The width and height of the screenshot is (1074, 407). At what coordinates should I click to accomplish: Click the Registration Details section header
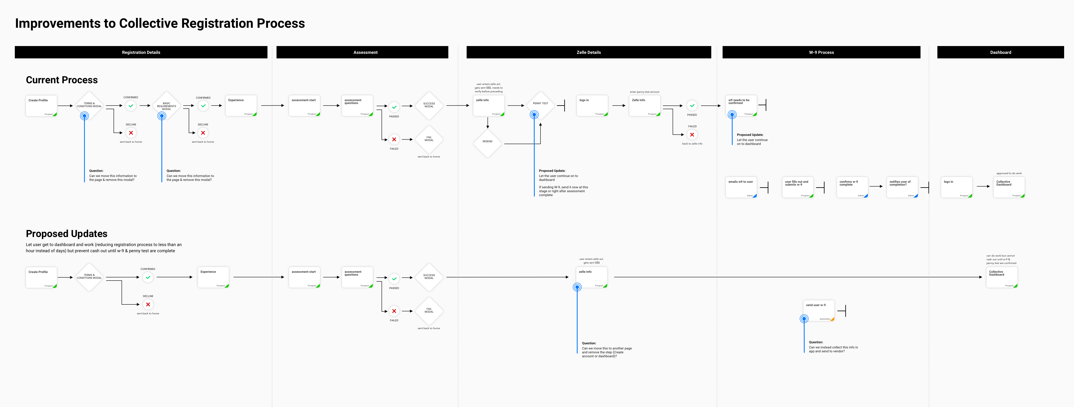pyautogui.click(x=141, y=52)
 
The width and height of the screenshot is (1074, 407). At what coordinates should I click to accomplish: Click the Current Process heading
pyautogui.click(x=62, y=80)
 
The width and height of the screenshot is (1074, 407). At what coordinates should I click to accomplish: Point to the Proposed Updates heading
pyautogui.click(x=67, y=234)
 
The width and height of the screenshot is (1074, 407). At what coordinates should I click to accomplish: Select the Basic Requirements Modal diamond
pyautogui.click(x=166, y=106)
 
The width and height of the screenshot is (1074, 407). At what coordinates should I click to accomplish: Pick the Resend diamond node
pyautogui.click(x=487, y=142)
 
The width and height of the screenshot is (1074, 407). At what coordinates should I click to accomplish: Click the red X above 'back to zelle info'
pyautogui.click(x=692, y=135)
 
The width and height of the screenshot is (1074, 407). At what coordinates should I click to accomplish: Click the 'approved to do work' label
pyautogui.click(x=1009, y=173)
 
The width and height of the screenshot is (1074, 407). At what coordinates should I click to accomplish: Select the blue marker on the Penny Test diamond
pyautogui.click(x=534, y=114)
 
